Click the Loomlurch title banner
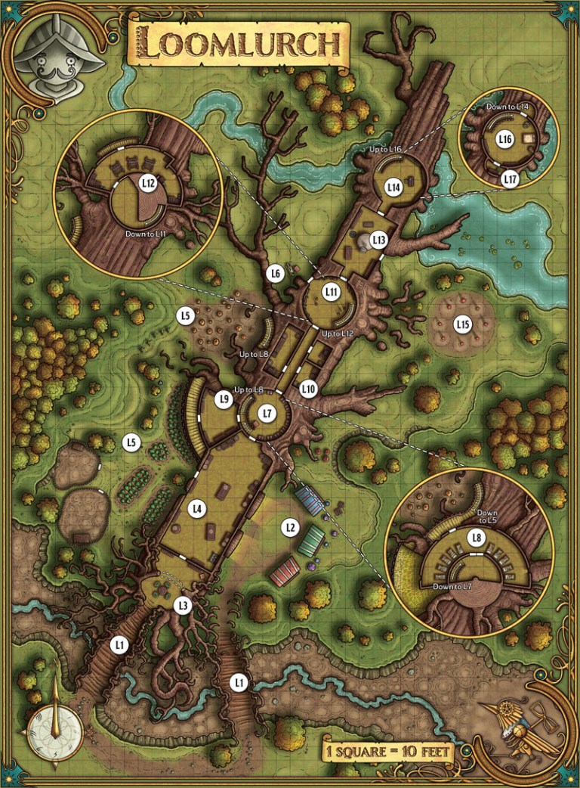click(x=241, y=45)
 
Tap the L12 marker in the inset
click(x=148, y=183)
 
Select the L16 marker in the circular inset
click(x=505, y=139)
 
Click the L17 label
click(x=510, y=179)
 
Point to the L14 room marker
click(x=393, y=187)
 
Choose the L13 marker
click(x=379, y=240)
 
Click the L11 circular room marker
click(x=331, y=291)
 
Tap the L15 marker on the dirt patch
click(x=463, y=324)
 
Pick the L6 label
click(x=276, y=272)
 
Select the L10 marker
click(x=308, y=389)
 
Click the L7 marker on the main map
click(x=265, y=413)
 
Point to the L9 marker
click(x=223, y=399)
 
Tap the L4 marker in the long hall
click(x=197, y=509)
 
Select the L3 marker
click(x=182, y=605)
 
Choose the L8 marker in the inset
click(x=476, y=538)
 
